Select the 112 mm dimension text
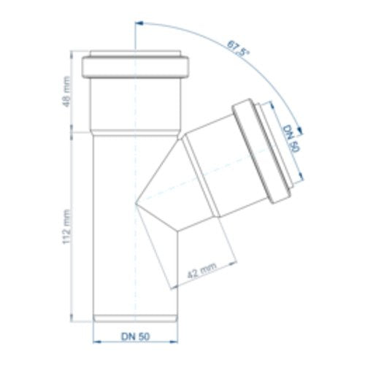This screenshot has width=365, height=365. (66, 227)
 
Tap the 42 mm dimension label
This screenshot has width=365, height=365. (201, 270)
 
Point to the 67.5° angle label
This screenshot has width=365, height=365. (238, 48)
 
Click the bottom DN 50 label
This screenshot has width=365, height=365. (136, 337)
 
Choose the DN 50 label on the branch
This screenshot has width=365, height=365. (291, 139)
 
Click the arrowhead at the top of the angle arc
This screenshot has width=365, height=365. (139, 23)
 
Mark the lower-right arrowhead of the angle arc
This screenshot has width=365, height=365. (300, 131)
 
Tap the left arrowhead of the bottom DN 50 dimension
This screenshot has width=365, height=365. (97, 342)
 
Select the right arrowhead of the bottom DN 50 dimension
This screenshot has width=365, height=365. (174, 342)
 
